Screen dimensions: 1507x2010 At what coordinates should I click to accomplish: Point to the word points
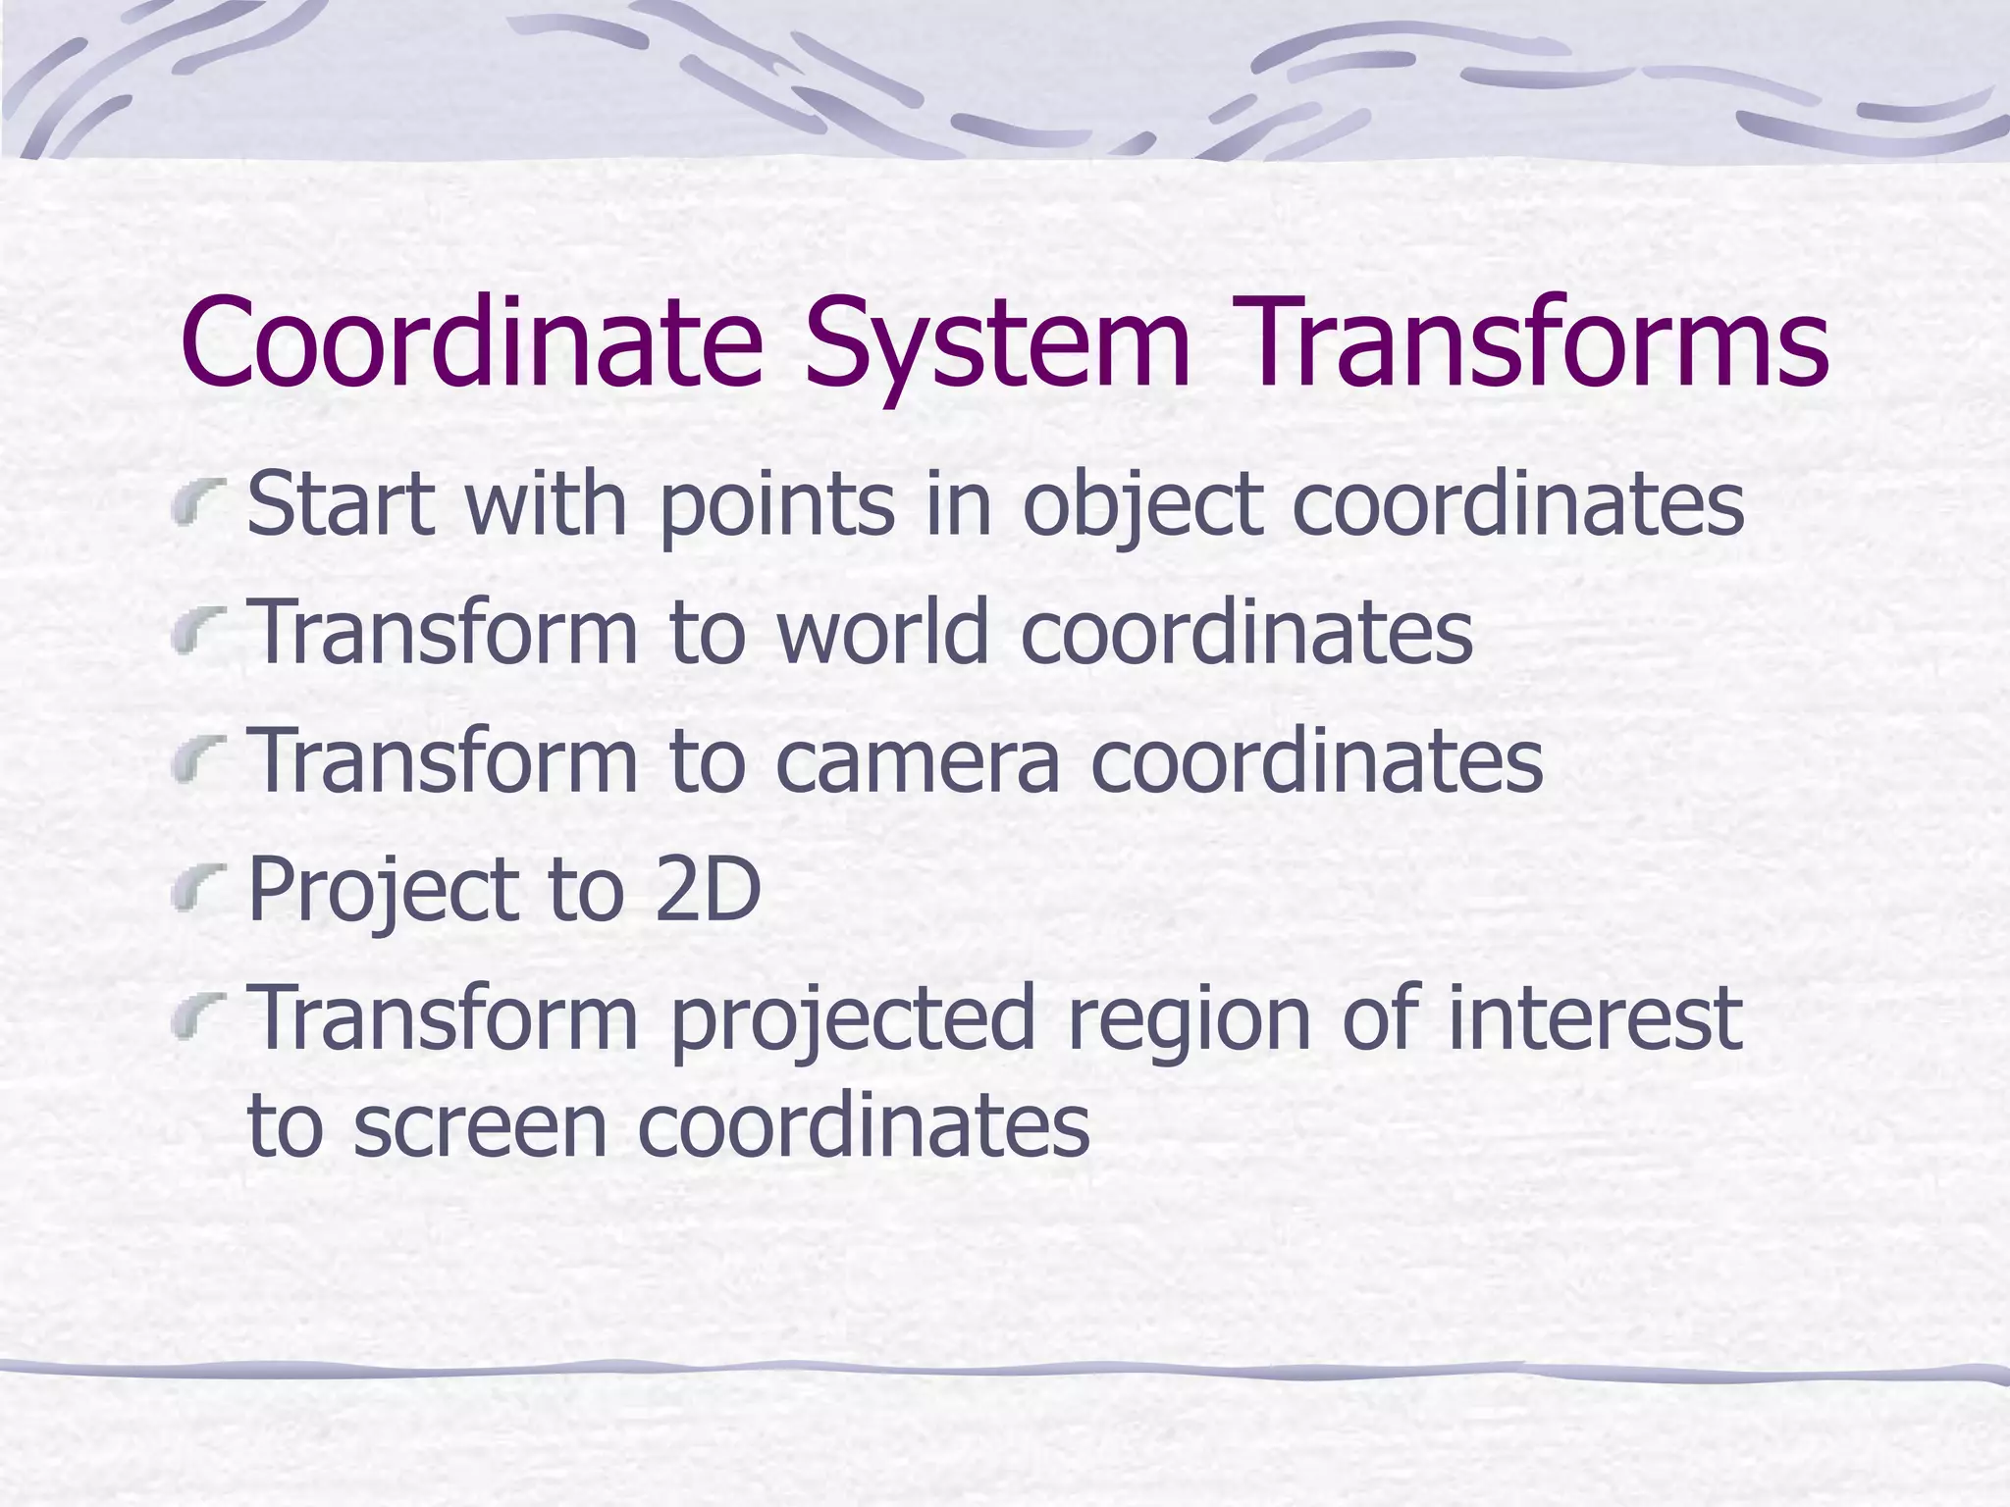(776, 506)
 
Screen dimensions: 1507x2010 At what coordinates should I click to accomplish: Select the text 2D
(708, 889)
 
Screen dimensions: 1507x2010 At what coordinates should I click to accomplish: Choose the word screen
(481, 1125)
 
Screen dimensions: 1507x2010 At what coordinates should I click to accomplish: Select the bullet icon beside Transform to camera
(197, 763)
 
